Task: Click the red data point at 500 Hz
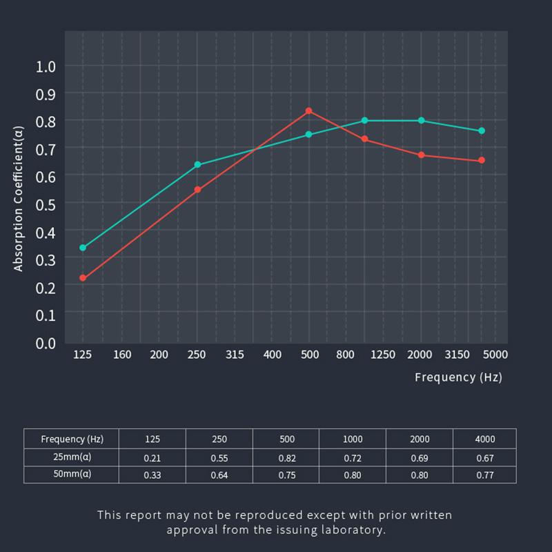point(309,110)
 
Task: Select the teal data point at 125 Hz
point(83,248)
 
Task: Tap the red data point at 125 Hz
point(83,278)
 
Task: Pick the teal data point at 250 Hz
point(197,165)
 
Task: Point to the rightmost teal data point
point(482,130)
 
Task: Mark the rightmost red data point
point(482,160)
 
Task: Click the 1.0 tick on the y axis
point(46,66)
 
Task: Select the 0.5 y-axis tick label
point(46,204)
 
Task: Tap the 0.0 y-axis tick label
point(46,342)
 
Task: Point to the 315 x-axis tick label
point(235,355)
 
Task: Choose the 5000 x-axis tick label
point(495,355)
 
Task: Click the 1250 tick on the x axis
point(383,355)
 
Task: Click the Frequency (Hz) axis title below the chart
point(458,377)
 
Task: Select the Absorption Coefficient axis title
point(19,199)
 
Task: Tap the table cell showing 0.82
point(287,458)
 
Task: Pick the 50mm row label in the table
point(72,475)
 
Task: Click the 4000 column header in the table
point(485,439)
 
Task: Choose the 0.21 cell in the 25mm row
point(152,458)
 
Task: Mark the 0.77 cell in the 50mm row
point(485,475)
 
